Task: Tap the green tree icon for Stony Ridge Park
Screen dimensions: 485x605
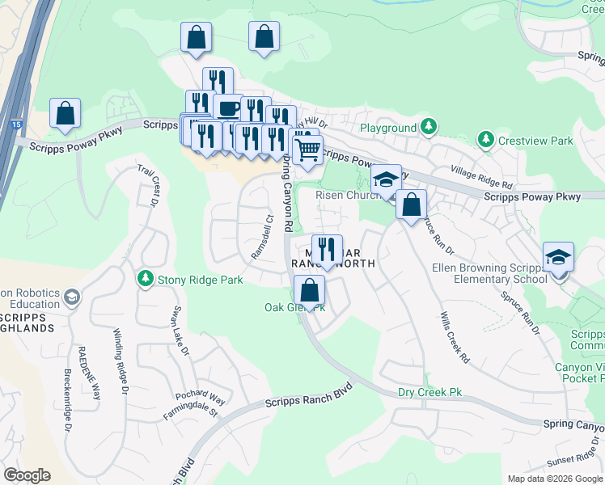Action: click(x=145, y=279)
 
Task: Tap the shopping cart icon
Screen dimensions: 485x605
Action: click(x=307, y=149)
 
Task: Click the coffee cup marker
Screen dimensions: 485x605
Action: click(x=228, y=108)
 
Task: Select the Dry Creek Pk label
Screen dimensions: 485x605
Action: click(x=429, y=392)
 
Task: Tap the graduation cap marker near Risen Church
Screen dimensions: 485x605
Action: click(x=387, y=179)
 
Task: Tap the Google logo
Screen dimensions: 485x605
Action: click(x=27, y=475)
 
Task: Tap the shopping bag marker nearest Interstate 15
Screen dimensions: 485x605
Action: click(x=65, y=114)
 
